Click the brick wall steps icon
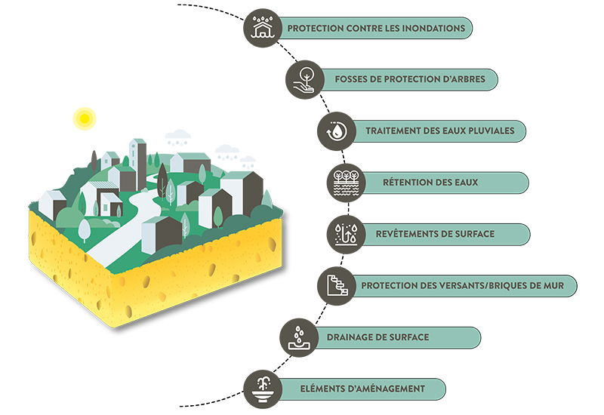334,285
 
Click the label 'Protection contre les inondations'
375,29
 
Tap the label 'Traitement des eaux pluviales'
439,131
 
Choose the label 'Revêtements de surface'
435,233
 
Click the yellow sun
83,118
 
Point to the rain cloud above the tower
178,137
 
